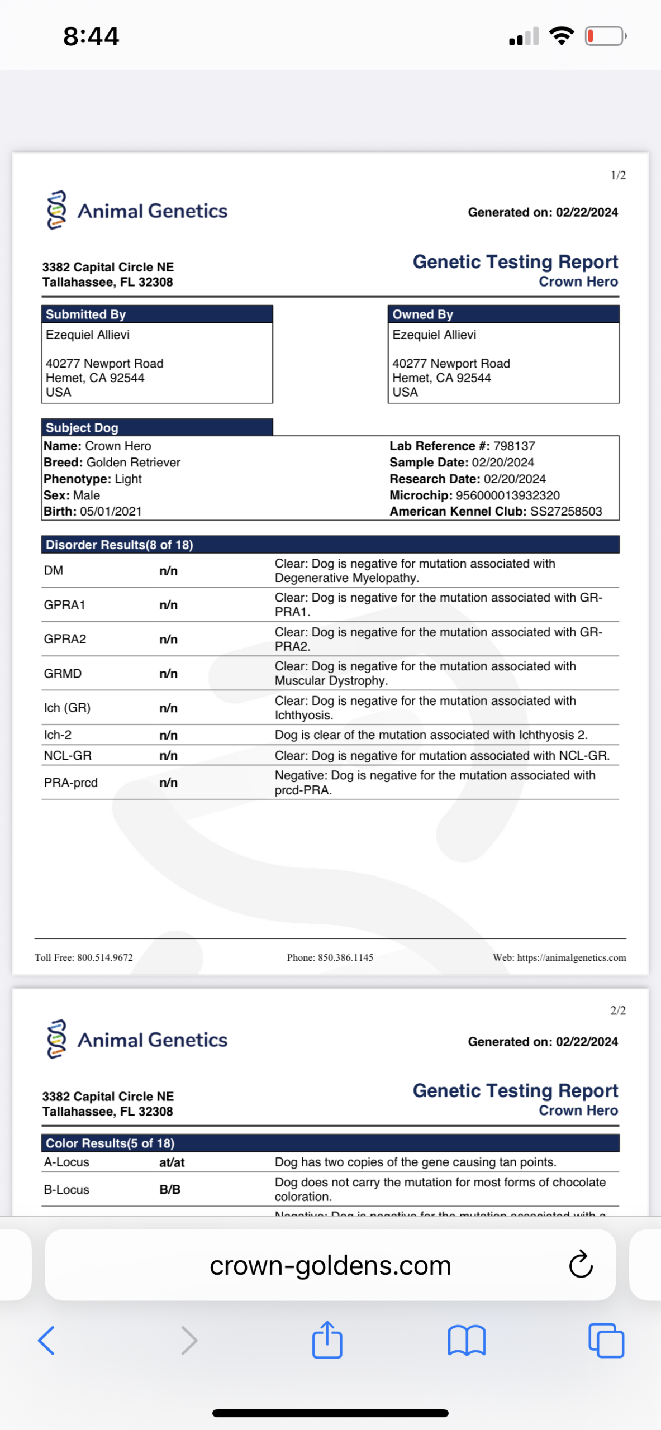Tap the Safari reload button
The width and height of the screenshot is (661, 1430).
581,1265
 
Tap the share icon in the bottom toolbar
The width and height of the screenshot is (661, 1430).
327,1340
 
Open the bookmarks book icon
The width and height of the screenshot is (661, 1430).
467,1341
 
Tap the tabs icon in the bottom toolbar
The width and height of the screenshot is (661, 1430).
606,1341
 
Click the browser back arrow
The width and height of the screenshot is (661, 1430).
46,1341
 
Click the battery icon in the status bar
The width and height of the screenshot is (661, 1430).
605,36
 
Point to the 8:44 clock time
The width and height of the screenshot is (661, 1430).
91,36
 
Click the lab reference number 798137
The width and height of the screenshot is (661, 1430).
514,446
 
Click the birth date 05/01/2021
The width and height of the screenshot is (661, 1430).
111,511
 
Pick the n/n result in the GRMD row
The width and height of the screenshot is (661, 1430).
168,674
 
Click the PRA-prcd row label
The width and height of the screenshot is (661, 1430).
71,783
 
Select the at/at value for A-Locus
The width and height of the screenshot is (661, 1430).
172,1162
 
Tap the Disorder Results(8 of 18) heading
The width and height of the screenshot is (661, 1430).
119,545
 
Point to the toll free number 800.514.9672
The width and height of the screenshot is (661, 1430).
105,957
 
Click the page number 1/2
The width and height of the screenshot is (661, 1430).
618,175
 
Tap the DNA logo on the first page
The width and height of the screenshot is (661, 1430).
56,210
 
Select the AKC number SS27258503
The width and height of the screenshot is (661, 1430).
566,511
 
